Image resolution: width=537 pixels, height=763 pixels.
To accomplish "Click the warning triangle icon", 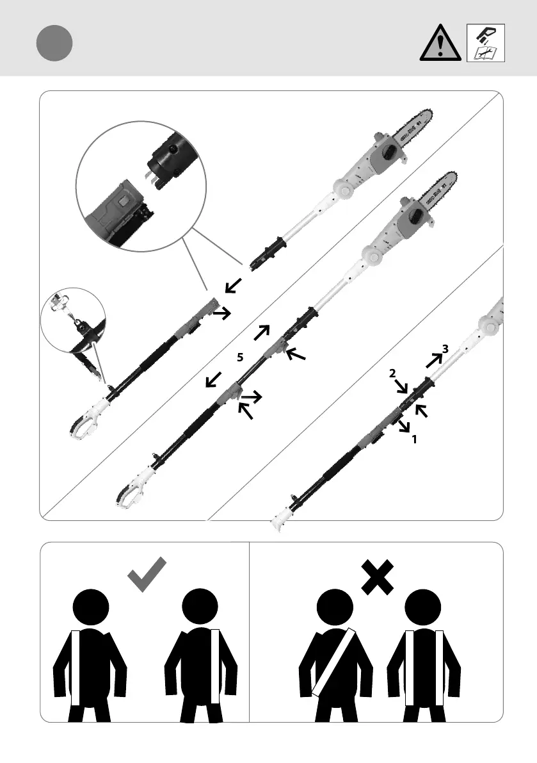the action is (x=441, y=44).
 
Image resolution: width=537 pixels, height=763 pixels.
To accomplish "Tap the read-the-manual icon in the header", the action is (x=486, y=43).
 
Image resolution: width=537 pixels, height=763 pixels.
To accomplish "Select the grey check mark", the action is (x=148, y=573).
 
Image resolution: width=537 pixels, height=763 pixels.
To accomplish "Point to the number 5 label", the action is (x=239, y=359).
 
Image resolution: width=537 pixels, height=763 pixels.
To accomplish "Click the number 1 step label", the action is (x=414, y=439).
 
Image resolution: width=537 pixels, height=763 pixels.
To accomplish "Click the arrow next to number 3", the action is (x=433, y=360).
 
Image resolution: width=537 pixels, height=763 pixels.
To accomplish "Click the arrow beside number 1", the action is (x=403, y=427).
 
